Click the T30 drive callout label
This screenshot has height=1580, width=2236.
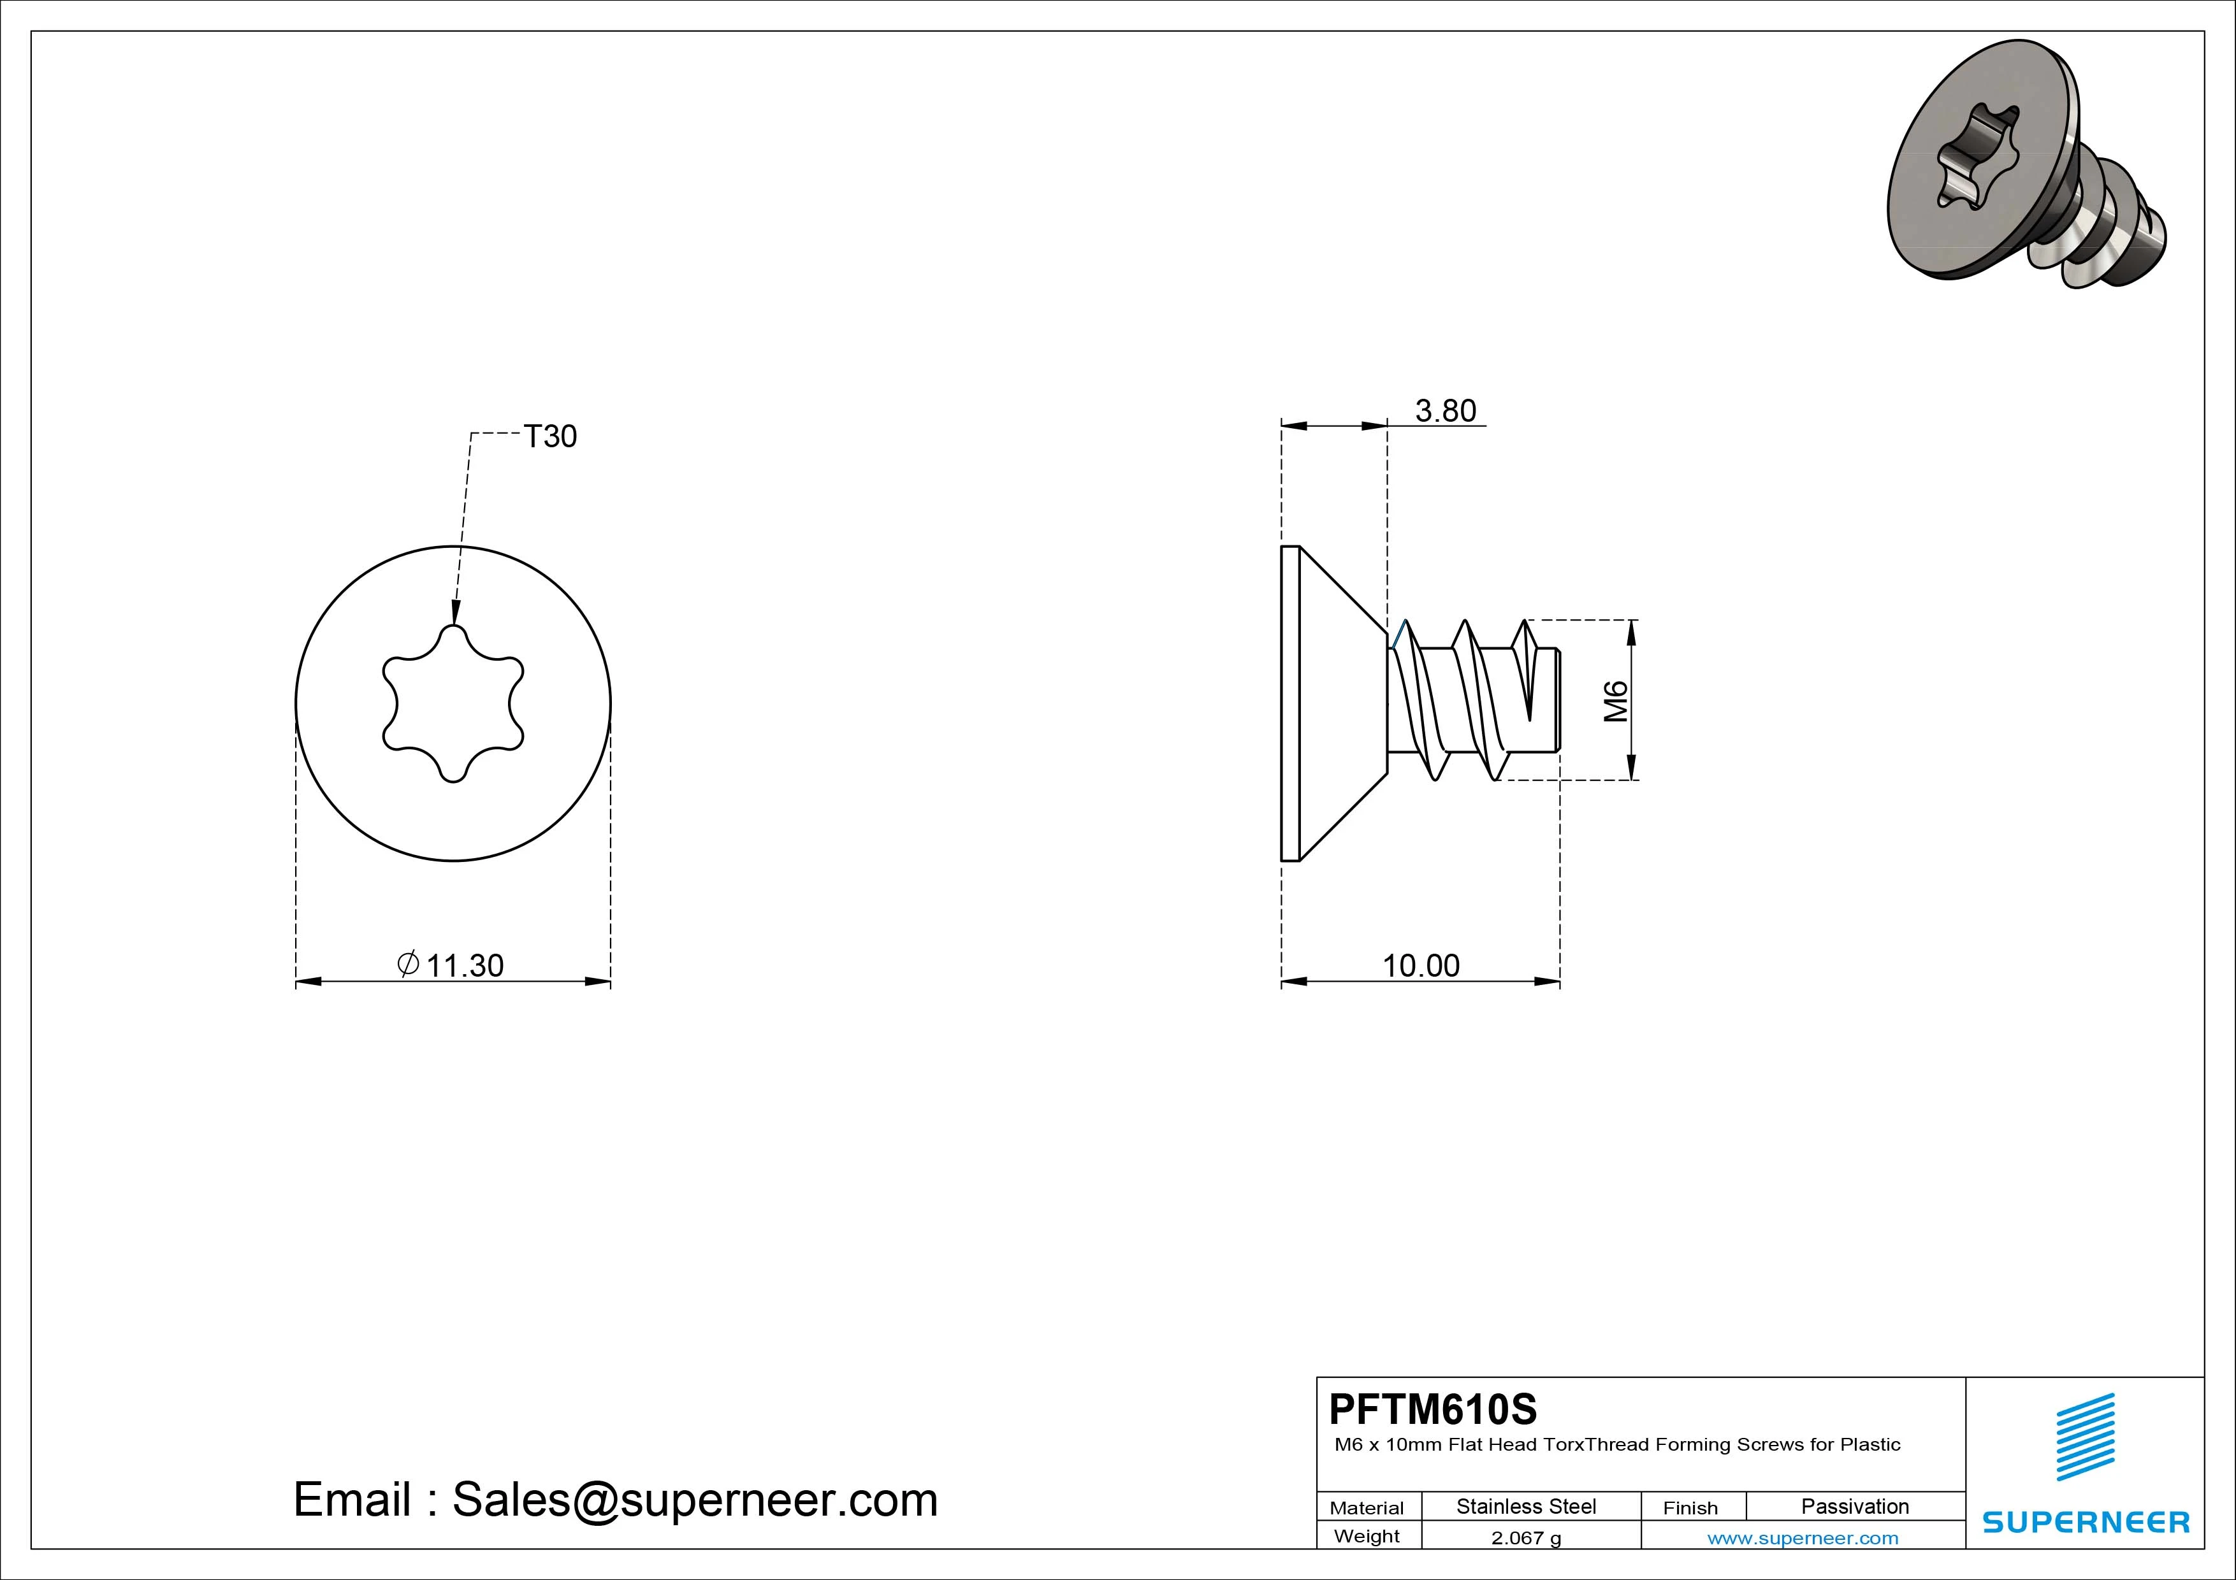[550, 436]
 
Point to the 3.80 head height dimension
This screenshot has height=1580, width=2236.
[1445, 411]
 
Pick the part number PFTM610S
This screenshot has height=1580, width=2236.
[1433, 1409]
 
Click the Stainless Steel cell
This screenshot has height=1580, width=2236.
[1526, 1506]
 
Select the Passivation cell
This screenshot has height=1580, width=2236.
[1854, 1506]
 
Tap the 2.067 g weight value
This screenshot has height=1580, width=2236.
[1526, 1538]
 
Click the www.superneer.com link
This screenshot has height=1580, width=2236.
[1803, 1538]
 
